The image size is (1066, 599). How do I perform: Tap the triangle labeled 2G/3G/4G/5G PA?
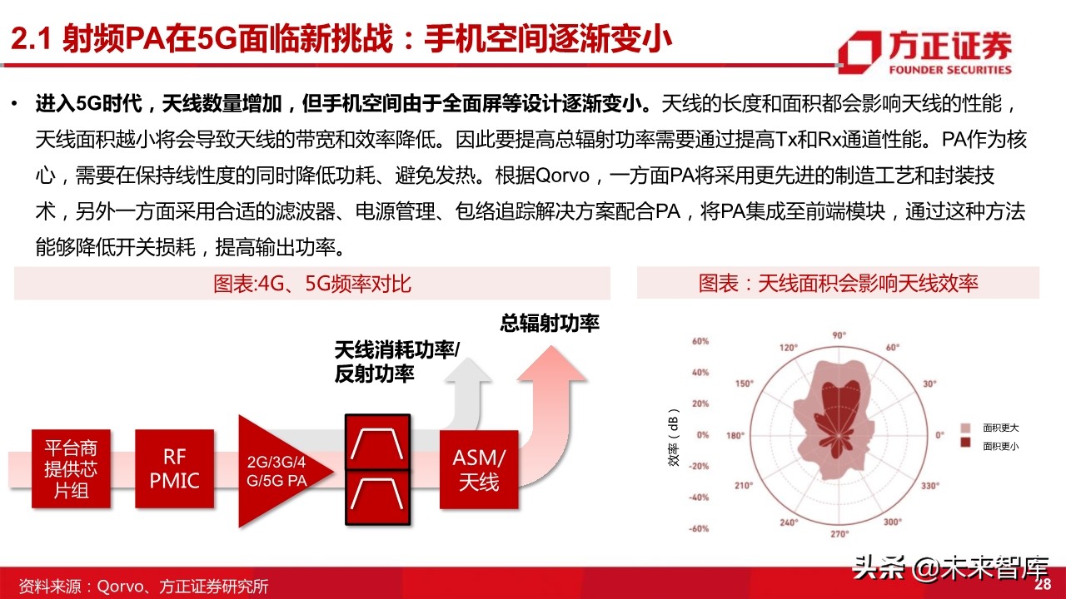pos(275,470)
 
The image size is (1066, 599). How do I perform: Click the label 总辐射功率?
pos(550,324)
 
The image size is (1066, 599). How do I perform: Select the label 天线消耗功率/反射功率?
pos(396,362)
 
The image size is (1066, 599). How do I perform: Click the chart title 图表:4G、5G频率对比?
pos(312,284)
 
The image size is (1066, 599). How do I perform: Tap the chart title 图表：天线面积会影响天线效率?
pos(838,283)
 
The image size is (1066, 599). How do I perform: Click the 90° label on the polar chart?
pos(839,334)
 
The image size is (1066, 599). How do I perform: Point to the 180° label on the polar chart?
pos(735,435)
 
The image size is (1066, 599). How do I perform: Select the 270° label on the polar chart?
pos(839,534)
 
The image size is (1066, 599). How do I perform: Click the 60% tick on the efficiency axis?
pos(699,341)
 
